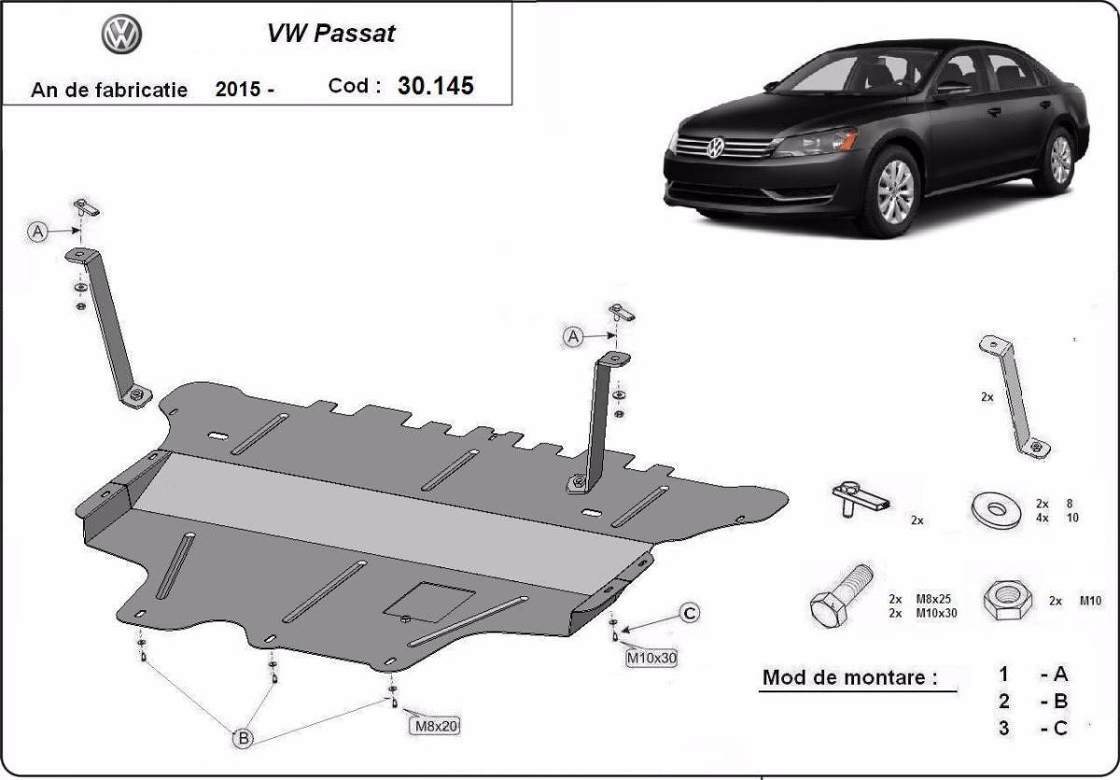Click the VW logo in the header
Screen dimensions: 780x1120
[121, 35]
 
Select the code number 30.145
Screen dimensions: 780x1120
[435, 86]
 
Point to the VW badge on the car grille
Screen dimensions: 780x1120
[716, 148]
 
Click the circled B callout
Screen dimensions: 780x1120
[242, 738]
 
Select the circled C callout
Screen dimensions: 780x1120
[689, 613]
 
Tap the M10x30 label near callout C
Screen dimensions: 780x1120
[651, 658]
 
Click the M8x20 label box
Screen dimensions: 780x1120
[436, 725]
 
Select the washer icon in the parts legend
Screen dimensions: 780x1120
[995, 509]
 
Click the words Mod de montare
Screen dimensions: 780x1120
[848, 677]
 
